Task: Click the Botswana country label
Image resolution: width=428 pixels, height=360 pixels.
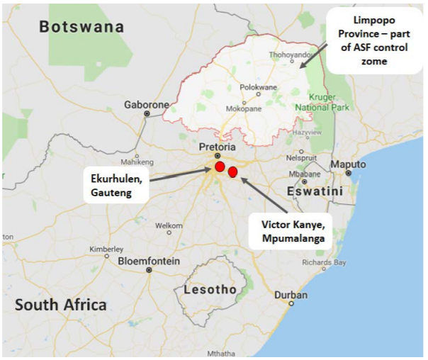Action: tap(81, 27)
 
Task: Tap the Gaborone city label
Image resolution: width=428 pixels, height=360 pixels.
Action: tap(146, 104)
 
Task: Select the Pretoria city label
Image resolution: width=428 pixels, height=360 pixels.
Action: tap(217, 146)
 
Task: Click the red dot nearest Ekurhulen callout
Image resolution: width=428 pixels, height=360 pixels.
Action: tap(220, 167)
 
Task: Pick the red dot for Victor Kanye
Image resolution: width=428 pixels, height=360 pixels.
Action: tap(232, 171)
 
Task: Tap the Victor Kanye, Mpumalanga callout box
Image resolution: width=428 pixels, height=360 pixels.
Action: tap(290, 231)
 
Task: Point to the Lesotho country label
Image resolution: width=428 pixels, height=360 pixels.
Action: tap(210, 289)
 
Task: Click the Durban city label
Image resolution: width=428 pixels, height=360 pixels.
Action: tap(291, 295)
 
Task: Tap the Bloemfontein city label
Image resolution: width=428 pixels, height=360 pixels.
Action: tap(149, 261)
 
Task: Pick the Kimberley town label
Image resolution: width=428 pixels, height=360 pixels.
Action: tap(106, 249)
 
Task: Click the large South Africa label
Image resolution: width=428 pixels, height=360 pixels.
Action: tap(61, 305)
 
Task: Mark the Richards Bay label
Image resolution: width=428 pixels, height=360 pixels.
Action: tap(323, 261)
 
